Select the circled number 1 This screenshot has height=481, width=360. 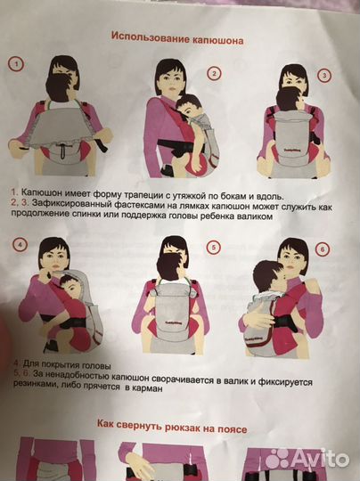click(x=16, y=63)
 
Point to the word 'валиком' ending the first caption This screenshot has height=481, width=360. click(x=274, y=215)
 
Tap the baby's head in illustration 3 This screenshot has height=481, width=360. click(x=287, y=98)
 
